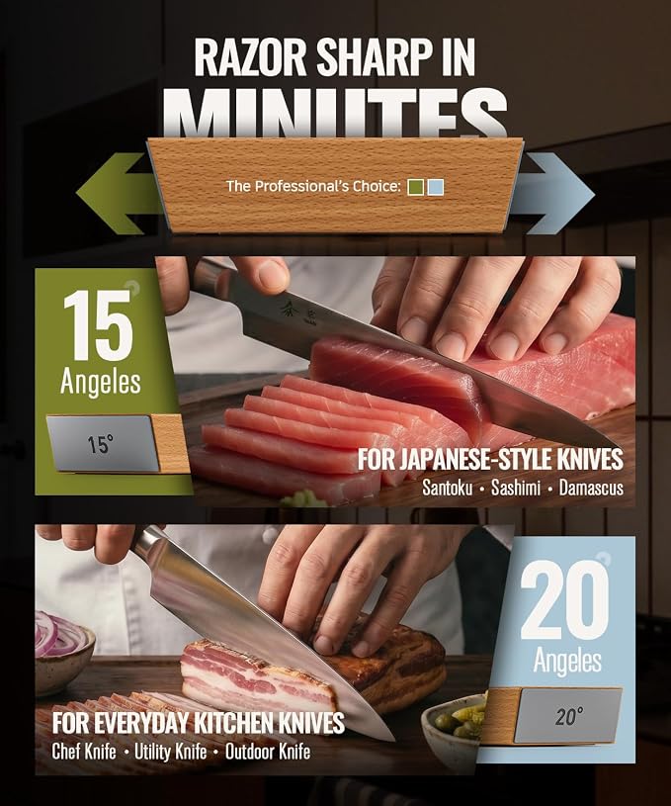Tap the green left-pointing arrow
[x=116, y=194]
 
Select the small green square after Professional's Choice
[x=416, y=187]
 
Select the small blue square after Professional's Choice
[x=435, y=187]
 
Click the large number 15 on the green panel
[x=97, y=325]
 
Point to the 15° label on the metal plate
[x=100, y=444]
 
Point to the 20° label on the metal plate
[x=569, y=716]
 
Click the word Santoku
[x=447, y=488]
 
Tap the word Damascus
[x=591, y=488]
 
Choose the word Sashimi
[x=515, y=488]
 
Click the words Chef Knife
[x=84, y=752]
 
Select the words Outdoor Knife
[x=268, y=752]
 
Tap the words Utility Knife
[x=171, y=752]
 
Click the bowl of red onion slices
[x=64, y=652]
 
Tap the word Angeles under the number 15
[x=100, y=383]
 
